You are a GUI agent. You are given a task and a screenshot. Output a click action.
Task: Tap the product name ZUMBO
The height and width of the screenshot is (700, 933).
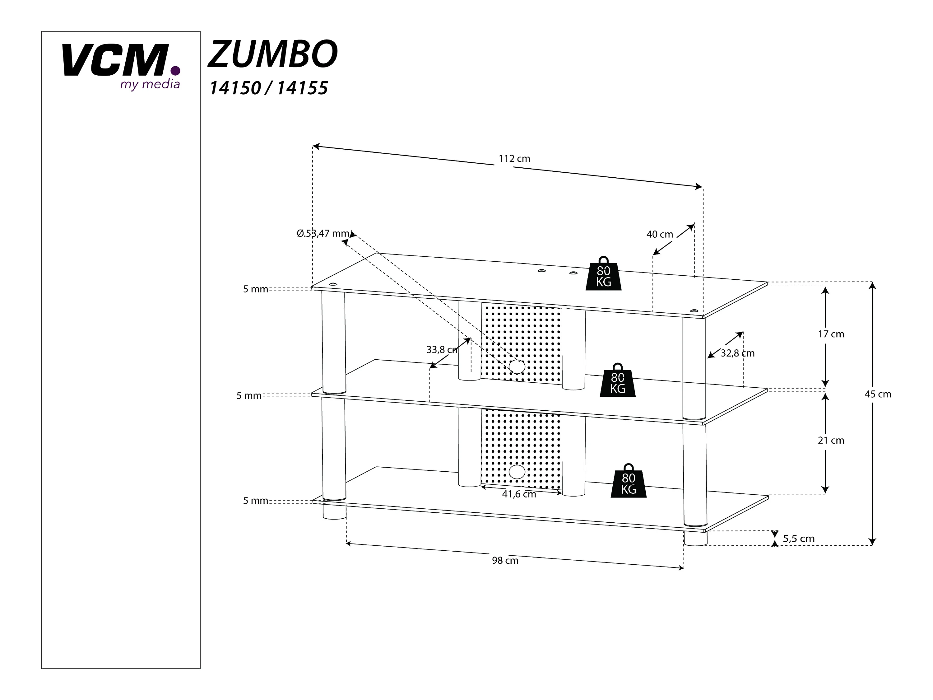click(272, 54)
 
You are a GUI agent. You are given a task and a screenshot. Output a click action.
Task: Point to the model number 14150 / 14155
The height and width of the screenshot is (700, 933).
click(269, 88)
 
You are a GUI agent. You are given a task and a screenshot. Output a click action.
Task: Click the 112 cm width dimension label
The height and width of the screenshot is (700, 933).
click(514, 159)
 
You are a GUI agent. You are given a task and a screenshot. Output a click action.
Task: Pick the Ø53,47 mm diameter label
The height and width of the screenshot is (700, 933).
click(323, 233)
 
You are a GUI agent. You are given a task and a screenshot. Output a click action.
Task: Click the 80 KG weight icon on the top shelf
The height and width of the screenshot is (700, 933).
click(604, 273)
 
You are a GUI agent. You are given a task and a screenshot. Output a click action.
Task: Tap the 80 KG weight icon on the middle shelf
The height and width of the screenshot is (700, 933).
click(618, 380)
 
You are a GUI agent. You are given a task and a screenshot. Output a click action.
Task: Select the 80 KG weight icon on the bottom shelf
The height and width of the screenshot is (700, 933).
click(629, 481)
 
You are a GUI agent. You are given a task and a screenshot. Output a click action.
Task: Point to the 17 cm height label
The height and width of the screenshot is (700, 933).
click(831, 334)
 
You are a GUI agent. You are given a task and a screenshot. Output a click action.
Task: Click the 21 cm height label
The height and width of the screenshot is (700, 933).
click(831, 441)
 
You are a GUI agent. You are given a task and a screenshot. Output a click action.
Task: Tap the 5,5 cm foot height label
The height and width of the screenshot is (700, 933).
click(798, 539)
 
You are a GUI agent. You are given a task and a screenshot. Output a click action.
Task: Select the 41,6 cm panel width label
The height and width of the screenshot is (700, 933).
click(519, 494)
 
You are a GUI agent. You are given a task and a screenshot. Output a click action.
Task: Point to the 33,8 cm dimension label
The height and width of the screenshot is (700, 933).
click(442, 350)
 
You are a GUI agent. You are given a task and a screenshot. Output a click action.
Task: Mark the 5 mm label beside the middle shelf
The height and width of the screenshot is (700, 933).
click(249, 396)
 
